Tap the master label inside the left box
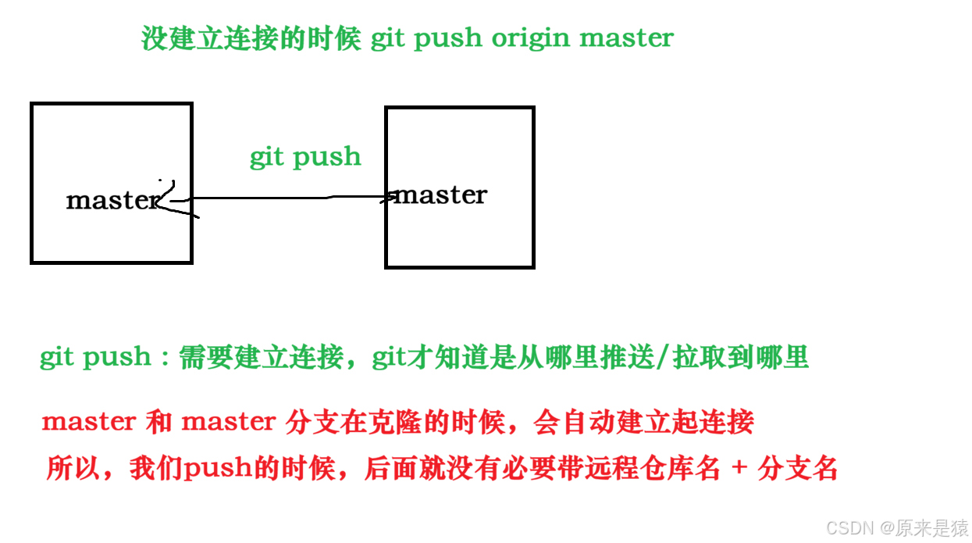[113, 200]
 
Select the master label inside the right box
[441, 195]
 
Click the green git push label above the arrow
[305, 157]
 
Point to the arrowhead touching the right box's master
[390, 198]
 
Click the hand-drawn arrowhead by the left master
[173, 202]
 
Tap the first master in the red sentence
[88, 423]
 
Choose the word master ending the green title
[626, 38]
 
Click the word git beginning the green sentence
[57, 358]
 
